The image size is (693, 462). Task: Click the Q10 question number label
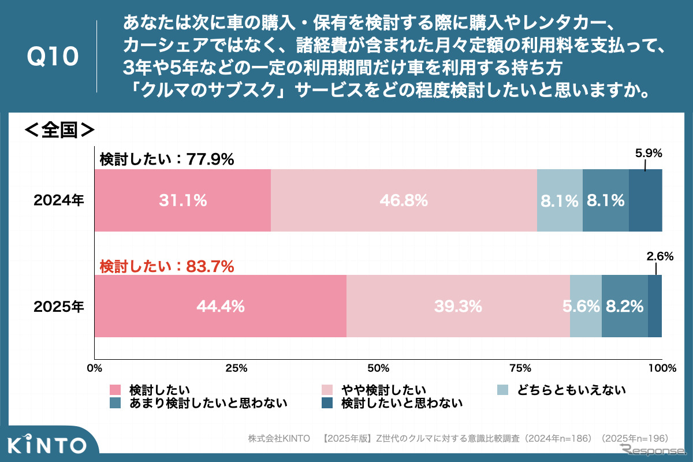(x=53, y=57)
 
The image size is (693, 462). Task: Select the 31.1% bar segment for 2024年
(x=182, y=200)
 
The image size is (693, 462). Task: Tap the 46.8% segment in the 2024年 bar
(x=404, y=200)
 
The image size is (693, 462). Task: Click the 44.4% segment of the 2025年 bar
(x=221, y=306)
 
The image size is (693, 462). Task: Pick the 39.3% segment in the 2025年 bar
(x=458, y=306)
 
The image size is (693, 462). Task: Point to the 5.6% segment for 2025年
(x=585, y=306)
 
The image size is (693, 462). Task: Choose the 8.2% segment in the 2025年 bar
(x=624, y=306)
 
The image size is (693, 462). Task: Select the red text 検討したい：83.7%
(x=167, y=266)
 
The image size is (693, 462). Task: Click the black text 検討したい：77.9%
(x=167, y=159)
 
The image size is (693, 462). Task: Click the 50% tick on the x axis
(x=378, y=368)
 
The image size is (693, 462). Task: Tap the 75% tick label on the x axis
(x=520, y=368)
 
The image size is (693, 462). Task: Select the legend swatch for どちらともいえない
(x=502, y=390)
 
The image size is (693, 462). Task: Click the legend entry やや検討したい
(x=383, y=390)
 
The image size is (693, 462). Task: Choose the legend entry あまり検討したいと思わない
(x=208, y=403)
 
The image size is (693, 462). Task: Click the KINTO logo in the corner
(x=47, y=445)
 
